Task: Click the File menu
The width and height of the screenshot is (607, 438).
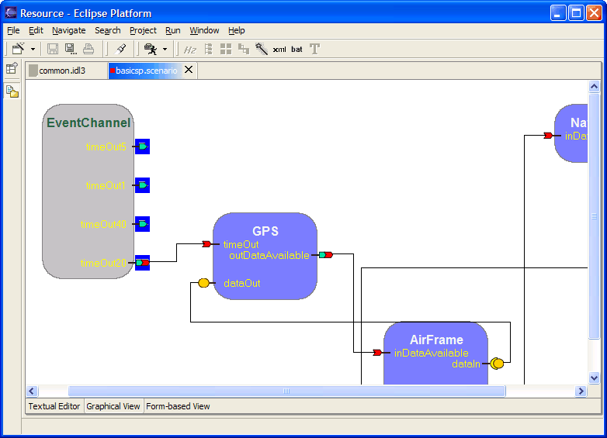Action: click(13, 30)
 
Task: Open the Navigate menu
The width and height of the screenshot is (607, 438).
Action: click(69, 30)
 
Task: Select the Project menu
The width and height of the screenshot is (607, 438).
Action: click(143, 30)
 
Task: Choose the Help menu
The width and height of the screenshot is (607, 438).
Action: click(237, 30)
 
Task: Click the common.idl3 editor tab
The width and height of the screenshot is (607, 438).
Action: click(61, 71)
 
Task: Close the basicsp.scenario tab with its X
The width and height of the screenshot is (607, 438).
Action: click(189, 70)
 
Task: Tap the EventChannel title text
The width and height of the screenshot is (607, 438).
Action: click(88, 122)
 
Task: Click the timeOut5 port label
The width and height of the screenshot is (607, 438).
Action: click(106, 147)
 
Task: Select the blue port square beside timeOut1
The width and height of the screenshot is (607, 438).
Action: click(142, 185)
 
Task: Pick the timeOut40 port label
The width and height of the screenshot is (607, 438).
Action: click(103, 224)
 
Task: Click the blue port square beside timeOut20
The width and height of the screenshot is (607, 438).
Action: click(142, 263)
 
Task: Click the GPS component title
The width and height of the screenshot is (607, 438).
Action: click(265, 231)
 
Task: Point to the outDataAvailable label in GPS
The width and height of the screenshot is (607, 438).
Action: click(269, 255)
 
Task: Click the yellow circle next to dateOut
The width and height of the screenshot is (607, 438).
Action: click(204, 283)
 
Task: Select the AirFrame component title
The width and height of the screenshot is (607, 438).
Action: click(436, 340)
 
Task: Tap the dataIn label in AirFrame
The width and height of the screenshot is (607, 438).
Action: click(467, 364)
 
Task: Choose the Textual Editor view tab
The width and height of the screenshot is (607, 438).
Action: click(54, 406)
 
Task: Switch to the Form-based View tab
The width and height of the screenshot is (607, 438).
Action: click(178, 406)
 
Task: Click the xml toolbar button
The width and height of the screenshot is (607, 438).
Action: click(279, 49)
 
